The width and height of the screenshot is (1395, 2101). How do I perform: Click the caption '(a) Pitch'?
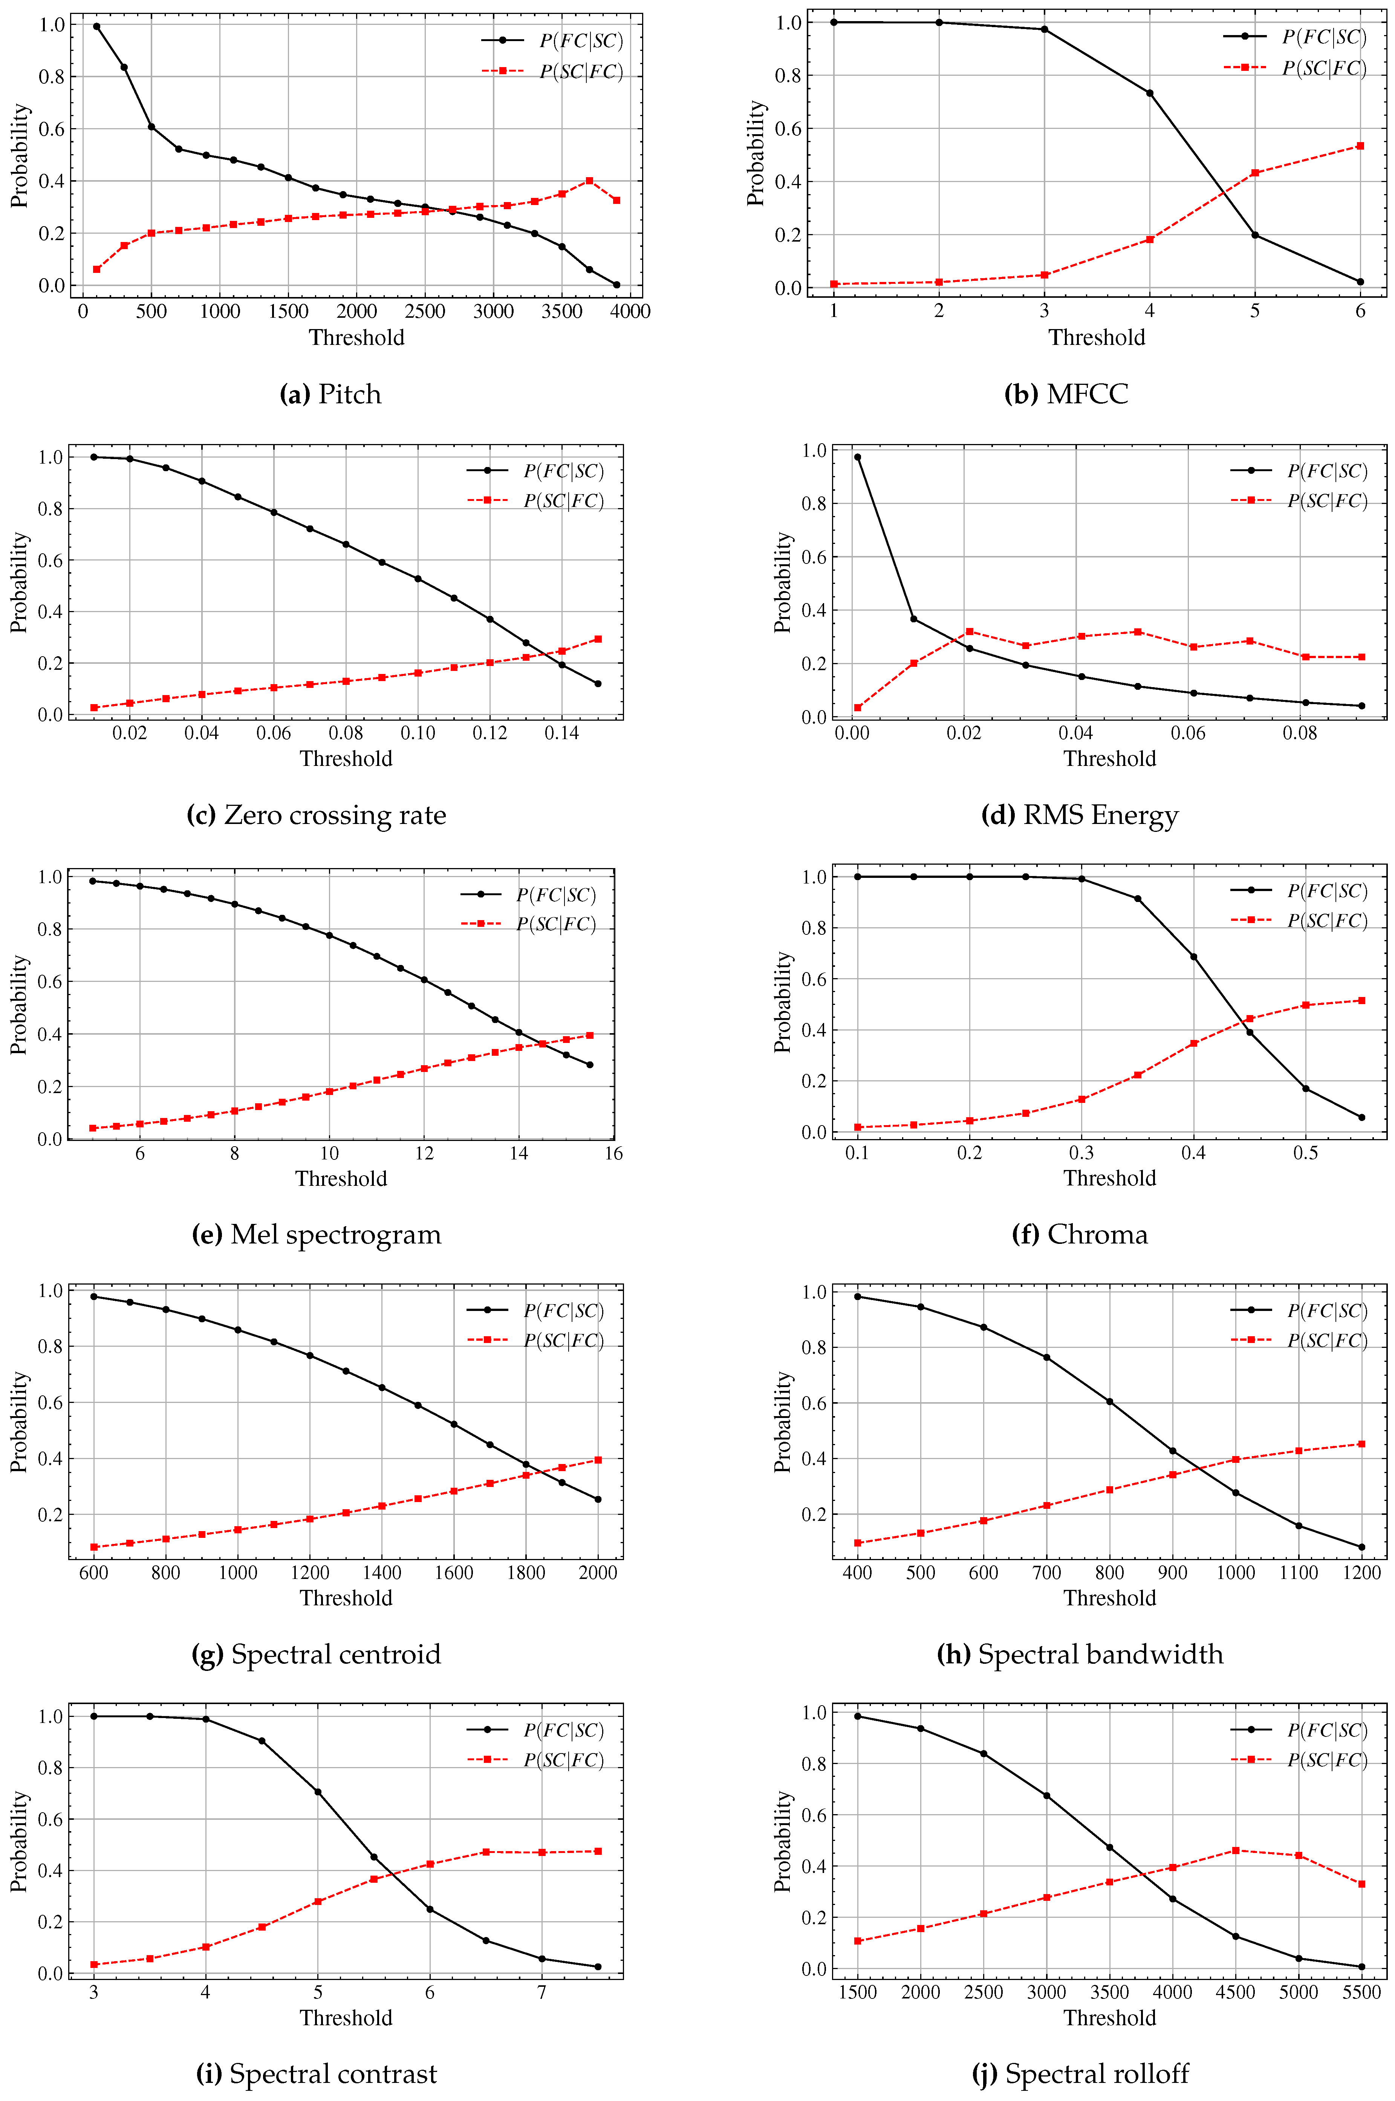(330, 394)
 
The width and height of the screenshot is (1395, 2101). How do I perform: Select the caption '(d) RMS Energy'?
(1079, 815)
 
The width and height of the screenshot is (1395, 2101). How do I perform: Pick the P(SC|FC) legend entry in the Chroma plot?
(1299, 920)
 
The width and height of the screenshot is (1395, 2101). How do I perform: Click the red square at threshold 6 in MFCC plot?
(1360, 146)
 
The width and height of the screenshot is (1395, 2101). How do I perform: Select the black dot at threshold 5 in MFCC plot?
(1254, 235)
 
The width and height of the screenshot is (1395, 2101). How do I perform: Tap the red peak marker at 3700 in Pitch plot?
(589, 181)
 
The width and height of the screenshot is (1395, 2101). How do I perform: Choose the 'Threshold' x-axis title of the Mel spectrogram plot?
(341, 1178)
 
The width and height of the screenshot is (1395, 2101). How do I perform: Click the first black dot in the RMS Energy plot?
(857, 457)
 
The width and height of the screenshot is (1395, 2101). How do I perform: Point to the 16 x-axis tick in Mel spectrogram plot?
(613, 1153)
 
